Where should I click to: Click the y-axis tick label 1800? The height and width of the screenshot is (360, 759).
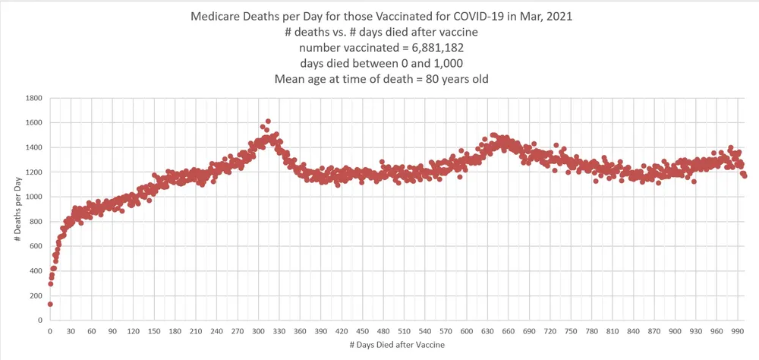(x=32, y=98)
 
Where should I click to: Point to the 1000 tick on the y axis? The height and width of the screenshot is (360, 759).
(x=32, y=197)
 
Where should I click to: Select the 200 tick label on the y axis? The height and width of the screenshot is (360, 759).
(x=34, y=295)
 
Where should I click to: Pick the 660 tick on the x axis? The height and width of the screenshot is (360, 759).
(x=509, y=331)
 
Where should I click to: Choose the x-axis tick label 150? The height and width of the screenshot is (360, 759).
(x=154, y=331)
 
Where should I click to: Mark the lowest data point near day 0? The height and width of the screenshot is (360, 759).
(x=50, y=304)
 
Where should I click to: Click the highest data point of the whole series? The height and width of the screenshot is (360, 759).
(x=268, y=121)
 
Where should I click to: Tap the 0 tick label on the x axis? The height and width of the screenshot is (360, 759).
(x=49, y=331)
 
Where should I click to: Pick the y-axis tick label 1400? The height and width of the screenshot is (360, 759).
(x=32, y=147)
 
